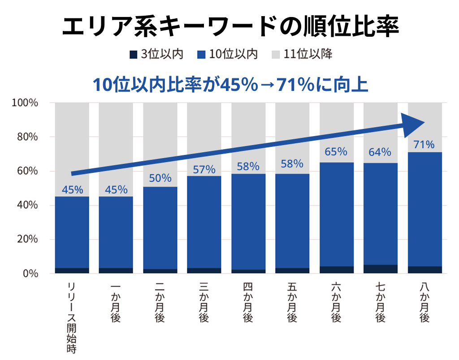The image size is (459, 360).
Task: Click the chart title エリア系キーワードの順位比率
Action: pos(229,28)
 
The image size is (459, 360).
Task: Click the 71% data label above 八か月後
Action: pos(424,145)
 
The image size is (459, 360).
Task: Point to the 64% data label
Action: pos(380,152)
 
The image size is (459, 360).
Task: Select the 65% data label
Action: pos(336,152)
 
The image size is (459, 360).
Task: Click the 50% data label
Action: pos(160,178)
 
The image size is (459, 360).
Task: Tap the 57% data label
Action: pos(204,170)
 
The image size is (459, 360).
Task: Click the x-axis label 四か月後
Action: pos(248,302)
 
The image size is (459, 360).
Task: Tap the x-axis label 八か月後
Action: pos(424,302)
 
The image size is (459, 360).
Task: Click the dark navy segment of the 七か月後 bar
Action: pos(380,269)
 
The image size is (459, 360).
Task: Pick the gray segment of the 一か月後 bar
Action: pos(116,148)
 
